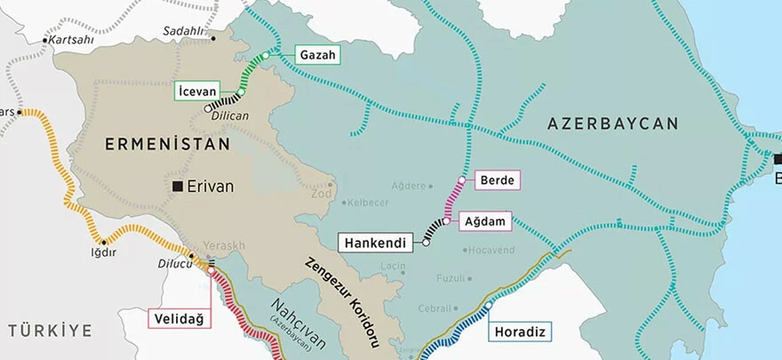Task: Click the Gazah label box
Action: [317, 55]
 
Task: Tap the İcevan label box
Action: [197, 89]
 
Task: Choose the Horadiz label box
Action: [519, 332]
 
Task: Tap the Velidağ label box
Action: [178, 317]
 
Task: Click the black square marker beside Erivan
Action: [179, 186]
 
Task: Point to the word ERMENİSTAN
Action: [167, 143]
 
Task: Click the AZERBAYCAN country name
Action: [612, 124]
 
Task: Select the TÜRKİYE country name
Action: [50, 331]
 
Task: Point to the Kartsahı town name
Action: [71, 41]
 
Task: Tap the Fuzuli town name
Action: [451, 278]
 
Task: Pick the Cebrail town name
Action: [435, 308]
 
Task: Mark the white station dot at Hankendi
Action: [426, 242]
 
